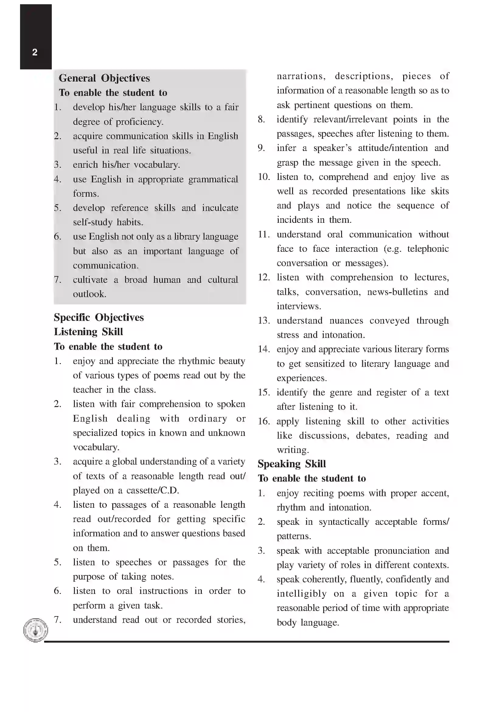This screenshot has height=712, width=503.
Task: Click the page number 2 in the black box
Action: coord(35,52)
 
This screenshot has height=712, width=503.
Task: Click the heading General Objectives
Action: coord(104,78)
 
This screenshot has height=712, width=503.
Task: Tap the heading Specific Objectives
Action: coord(99,317)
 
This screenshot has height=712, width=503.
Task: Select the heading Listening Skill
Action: coord(88,332)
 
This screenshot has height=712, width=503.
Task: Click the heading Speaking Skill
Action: coord(292,464)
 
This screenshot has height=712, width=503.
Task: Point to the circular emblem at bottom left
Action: coord(36,630)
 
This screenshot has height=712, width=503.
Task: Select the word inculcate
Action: coord(220,208)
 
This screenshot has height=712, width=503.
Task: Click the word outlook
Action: coord(89,294)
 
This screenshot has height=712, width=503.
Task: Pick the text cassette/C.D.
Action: coord(152,490)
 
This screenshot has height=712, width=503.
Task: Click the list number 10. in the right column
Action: coord(264,177)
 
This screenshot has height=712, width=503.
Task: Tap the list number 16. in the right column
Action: coord(264,421)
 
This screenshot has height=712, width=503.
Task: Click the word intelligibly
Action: coord(302,594)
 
